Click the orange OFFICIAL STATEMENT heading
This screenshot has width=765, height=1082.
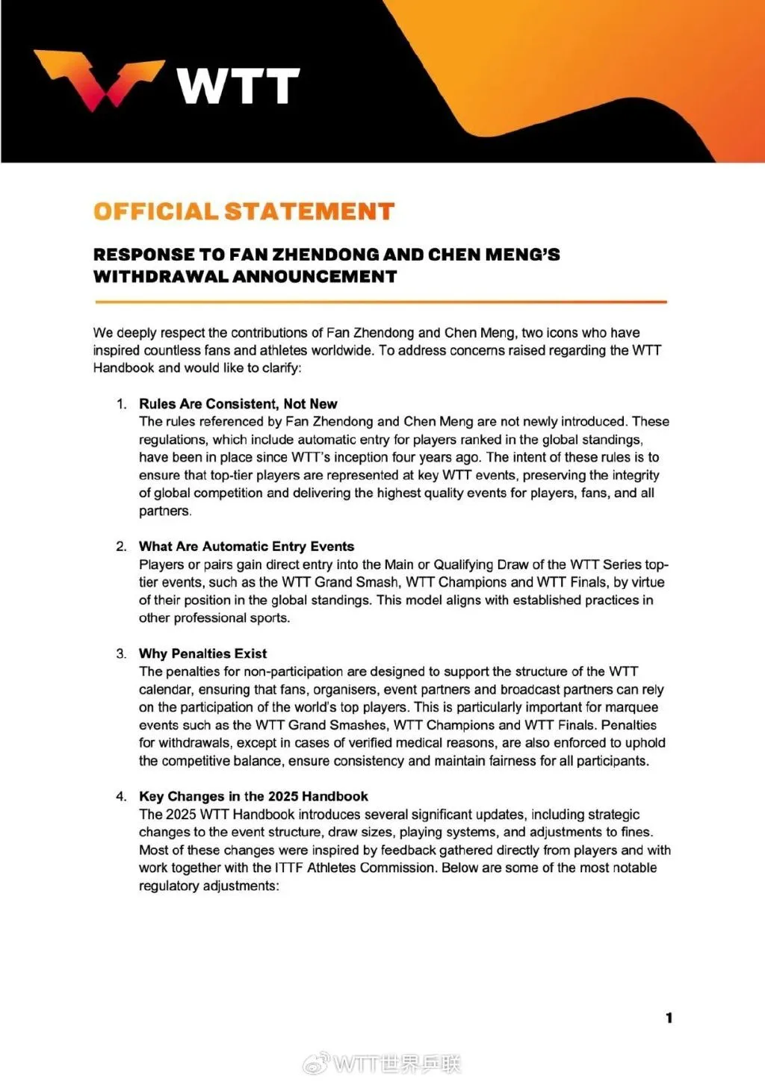click(244, 212)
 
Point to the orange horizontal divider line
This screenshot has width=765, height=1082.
click(380, 302)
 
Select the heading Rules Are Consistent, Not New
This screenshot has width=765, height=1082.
click(238, 404)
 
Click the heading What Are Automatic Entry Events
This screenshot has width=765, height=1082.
click(247, 547)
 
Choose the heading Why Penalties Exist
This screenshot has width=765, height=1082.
click(202, 653)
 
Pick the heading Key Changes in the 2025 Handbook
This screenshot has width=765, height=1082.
click(253, 796)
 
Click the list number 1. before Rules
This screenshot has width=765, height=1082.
click(122, 404)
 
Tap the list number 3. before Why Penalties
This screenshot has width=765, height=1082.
click(122, 653)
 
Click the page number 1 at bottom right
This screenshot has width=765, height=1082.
click(669, 1018)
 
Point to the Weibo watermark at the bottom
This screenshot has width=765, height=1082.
click(382, 1063)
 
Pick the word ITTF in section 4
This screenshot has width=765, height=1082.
click(289, 868)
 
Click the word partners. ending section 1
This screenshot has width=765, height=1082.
click(165, 512)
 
